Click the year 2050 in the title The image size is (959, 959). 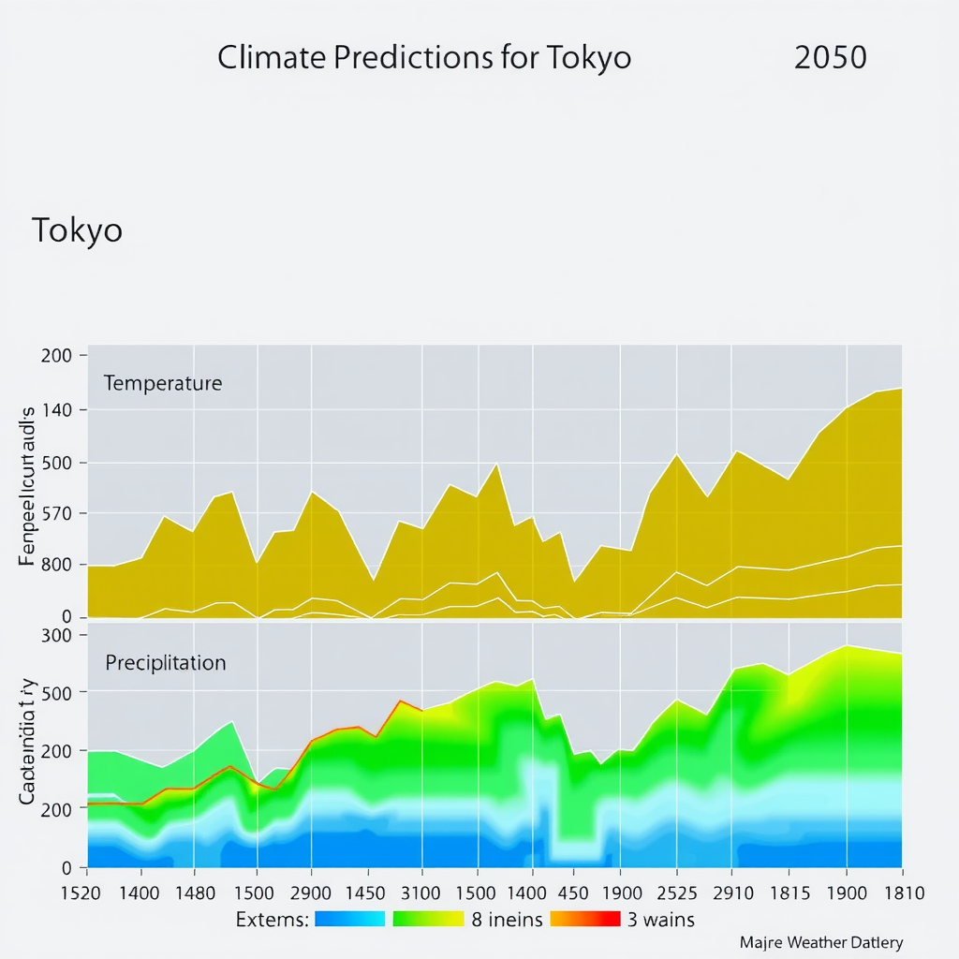point(830,58)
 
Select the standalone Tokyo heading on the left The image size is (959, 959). point(77,230)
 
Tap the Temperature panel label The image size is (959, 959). point(163,383)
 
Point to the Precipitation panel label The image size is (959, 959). point(166,663)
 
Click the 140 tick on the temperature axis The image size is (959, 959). point(57,409)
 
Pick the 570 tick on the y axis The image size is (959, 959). point(57,513)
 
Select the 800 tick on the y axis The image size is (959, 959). point(57,565)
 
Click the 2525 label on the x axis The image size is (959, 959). point(682,893)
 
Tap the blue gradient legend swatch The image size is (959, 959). point(350,919)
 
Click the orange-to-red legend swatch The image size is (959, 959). point(584,919)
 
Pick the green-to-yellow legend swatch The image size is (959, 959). point(428,919)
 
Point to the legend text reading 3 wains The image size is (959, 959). point(661,920)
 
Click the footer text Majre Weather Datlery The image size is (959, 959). point(821,942)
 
